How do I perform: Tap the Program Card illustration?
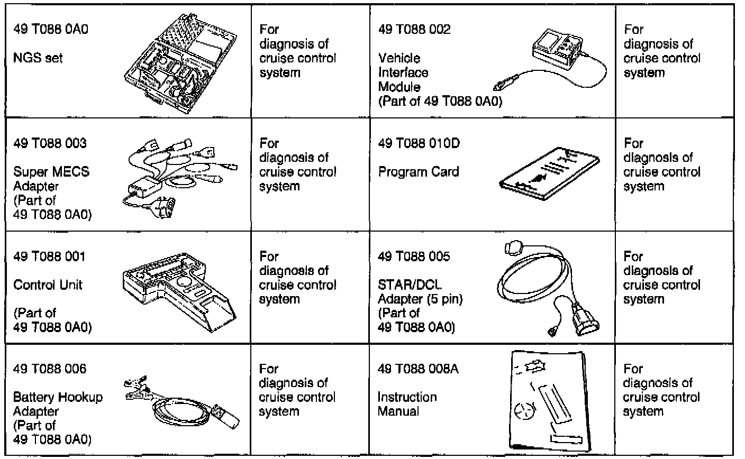pyautogui.click(x=549, y=171)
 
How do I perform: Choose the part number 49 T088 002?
pyautogui.click(x=415, y=30)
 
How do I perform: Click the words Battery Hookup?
pyautogui.click(x=58, y=397)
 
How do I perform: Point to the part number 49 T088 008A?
pyautogui.click(x=419, y=369)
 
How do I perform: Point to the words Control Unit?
pyautogui.click(x=48, y=284)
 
